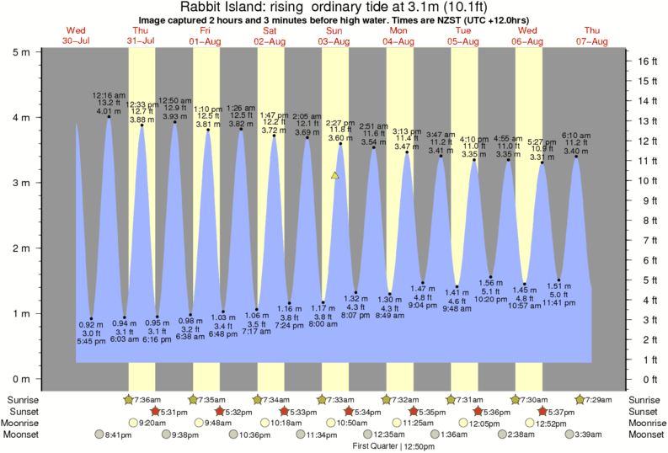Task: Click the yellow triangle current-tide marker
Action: tap(335, 175)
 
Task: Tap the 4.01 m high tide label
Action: tap(109, 110)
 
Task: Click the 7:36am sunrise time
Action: tap(150, 399)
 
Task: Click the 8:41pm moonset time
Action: tap(118, 434)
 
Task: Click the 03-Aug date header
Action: tap(334, 41)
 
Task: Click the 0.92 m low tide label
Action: tap(91, 325)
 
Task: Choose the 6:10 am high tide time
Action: tap(576, 135)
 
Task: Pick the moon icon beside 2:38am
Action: tap(503, 434)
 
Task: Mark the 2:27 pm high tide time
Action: tap(340, 123)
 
